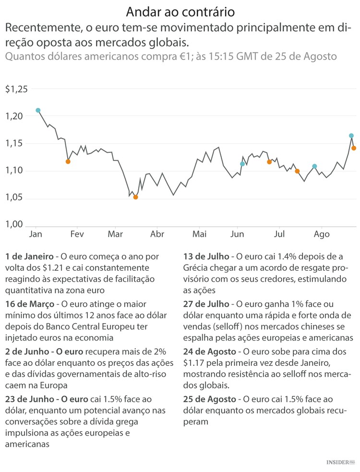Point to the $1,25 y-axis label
tap(17, 89)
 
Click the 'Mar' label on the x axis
tap(115, 234)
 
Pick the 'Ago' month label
tap(322, 234)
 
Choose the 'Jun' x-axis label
tap(237, 234)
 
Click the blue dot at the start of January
tap(38, 110)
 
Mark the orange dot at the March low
tap(135, 197)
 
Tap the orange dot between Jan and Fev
tap(68, 162)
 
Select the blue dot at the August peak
tap(351, 136)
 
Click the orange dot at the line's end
tap(354, 148)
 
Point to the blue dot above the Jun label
tap(242, 164)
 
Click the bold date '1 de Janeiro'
tap(29, 256)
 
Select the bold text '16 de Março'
tap(28, 304)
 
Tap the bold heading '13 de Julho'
tap(206, 256)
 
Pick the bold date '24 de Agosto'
tap(210, 351)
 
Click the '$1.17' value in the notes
tap(194, 363)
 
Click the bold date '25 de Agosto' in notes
tap(210, 399)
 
